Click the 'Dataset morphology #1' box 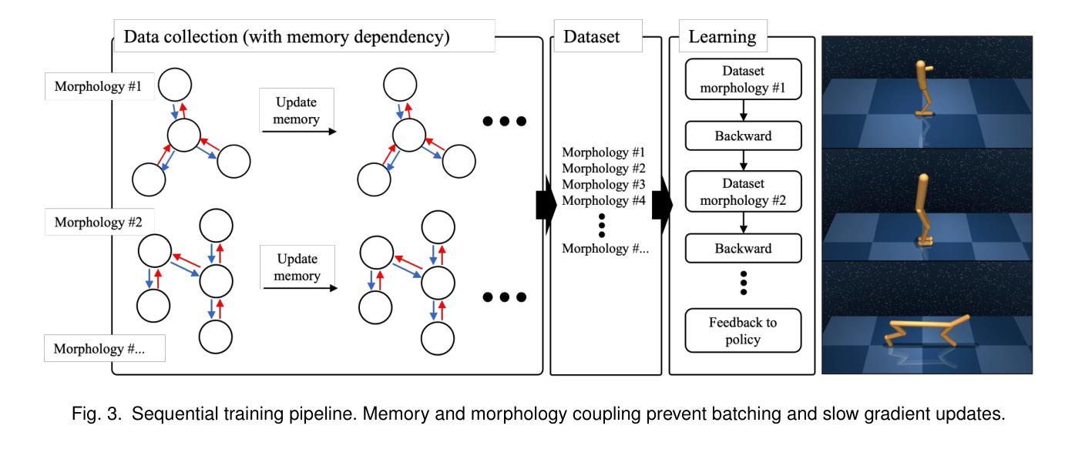click(743, 79)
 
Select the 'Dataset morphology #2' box click(743, 192)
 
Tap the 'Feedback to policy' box click(743, 330)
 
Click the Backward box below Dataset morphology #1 click(743, 136)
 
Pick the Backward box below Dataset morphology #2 click(743, 248)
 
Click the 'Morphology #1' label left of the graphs click(99, 86)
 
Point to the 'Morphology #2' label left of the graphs click(99, 222)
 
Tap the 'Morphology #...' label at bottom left click(99, 349)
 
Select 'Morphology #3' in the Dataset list click(603, 184)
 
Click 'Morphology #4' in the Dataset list click(603, 200)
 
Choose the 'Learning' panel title click(722, 36)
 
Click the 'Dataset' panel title click(592, 36)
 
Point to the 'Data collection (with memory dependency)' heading click(287, 37)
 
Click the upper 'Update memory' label click(296, 110)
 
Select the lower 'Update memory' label click(297, 267)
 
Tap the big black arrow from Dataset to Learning click(662, 205)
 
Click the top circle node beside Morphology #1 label click(175, 85)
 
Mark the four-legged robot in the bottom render click(926, 331)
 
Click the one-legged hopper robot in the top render click(924, 89)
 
